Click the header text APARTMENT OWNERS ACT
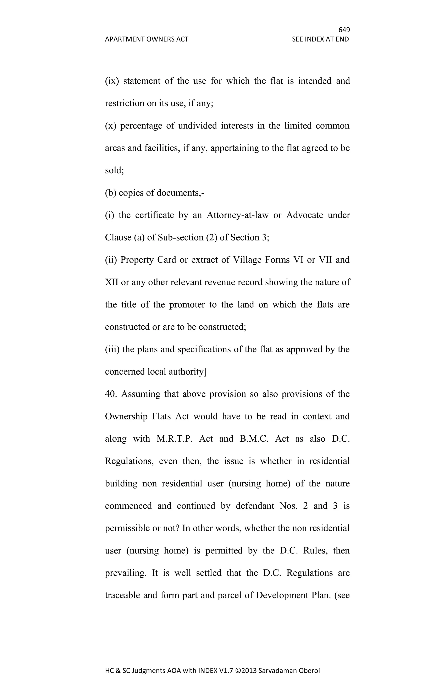point(147,39)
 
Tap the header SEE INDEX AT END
point(320,39)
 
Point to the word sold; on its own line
point(114,170)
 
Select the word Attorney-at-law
point(237,215)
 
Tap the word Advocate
point(305,215)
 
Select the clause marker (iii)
point(112,349)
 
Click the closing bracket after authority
point(205,372)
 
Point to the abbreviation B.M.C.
point(254,439)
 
